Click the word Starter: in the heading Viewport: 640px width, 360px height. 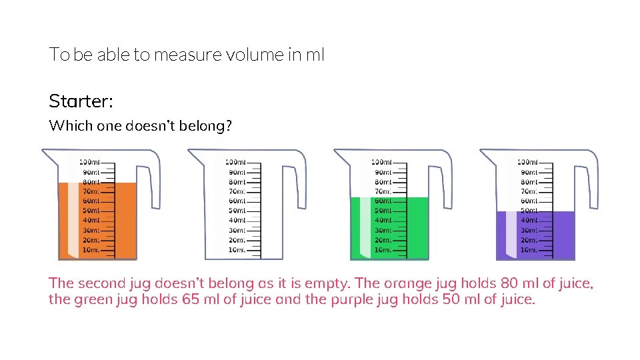click(81, 101)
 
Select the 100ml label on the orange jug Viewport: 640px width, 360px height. click(89, 162)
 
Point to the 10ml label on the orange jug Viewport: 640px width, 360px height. click(91, 250)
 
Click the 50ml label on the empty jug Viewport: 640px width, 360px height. click(237, 211)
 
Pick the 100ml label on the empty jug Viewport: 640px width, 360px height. click(235, 162)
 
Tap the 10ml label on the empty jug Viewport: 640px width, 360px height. click(237, 250)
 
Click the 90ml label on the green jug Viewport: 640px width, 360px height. click(383, 172)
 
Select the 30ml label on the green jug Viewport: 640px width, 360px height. click(383, 230)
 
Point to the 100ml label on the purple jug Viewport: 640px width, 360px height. click(527, 162)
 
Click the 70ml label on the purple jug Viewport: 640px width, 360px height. click(529, 191)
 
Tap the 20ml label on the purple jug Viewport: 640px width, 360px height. click(529, 240)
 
